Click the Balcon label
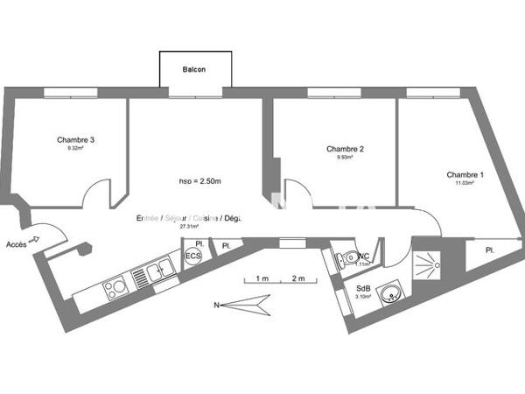pyautogui.click(x=194, y=69)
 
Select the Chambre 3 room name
pyautogui.click(x=75, y=140)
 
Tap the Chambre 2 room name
pyautogui.click(x=345, y=149)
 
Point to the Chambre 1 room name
pyautogui.click(x=465, y=174)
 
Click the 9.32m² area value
pyautogui.click(x=75, y=149)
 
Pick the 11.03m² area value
pyautogui.click(x=465, y=183)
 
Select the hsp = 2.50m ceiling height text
pyautogui.click(x=200, y=181)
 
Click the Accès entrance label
pyautogui.click(x=15, y=244)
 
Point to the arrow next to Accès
pyautogui.click(x=37, y=238)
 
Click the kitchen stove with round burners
pyautogui.click(x=115, y=286)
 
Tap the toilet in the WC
pyautogui.click(x=347, y=257)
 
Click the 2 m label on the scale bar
pyautogui.click(x=299, y=278)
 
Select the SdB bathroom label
pyautogui.click(x=362, y=289)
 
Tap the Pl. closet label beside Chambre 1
pyautogui.click(x=490, y=250)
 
